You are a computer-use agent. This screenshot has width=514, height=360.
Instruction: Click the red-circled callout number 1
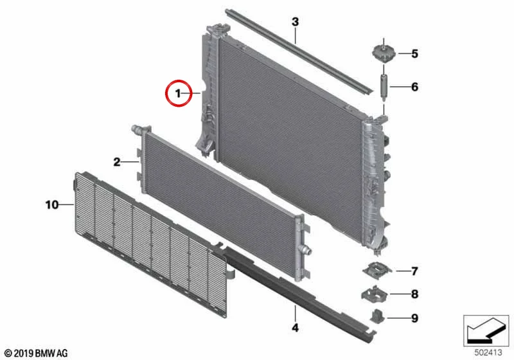point(178,93)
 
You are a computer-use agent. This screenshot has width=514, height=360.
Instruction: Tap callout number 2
point(117,161)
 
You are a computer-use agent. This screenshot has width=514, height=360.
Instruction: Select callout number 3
point(296,22)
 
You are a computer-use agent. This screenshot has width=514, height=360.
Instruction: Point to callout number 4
point(296,327)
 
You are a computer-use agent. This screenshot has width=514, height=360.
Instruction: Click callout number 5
point(414,53)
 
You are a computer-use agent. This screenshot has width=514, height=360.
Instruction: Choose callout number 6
point(414,87)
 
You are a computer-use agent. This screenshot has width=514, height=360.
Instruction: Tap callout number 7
point(414,271)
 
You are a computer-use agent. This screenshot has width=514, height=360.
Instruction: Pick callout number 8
point(414,294)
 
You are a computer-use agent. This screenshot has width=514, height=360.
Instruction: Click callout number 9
point(414,318)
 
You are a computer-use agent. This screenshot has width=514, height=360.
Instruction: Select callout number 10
point(52,204)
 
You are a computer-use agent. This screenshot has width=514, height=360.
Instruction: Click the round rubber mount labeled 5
point(384,53)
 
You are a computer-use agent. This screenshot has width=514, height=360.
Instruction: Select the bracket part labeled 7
point(377,269)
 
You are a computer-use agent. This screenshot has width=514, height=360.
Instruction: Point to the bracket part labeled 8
point(375,292)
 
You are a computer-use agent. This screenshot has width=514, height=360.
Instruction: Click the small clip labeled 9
point(377,316)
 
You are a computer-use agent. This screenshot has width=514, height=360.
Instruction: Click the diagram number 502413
point(488,352)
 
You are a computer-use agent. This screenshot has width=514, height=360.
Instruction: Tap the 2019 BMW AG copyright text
point(37,353)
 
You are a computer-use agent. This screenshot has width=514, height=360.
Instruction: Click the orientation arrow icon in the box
point(486,330)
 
